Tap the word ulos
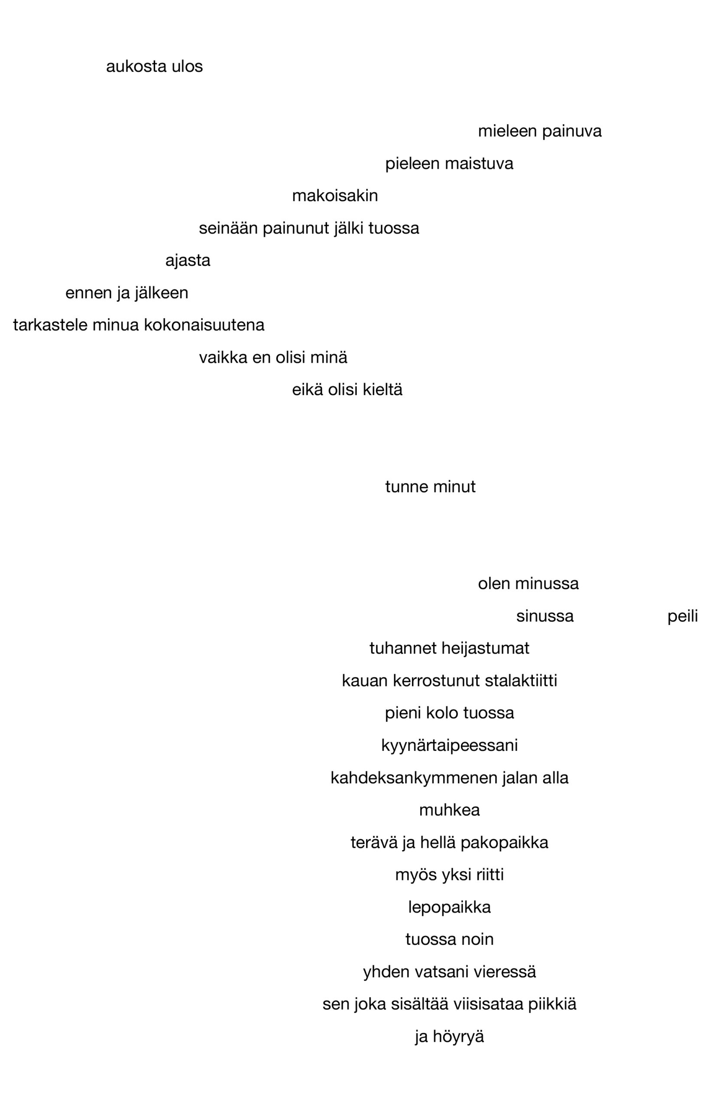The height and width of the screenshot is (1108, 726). click(187, 67)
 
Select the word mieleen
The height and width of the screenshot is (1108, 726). click(507, 131)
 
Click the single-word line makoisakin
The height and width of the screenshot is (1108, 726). click(335, 196)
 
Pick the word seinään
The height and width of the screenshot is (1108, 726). click(228, 229)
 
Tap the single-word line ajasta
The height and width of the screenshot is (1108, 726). click(188, 261)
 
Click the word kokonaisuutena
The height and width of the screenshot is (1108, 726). click(204, 325)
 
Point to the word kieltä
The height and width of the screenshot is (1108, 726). click(382, 390)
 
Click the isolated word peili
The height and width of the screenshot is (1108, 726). click(683, 617)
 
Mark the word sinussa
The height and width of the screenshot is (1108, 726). click(545, 617)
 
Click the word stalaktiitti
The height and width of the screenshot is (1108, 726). click(521, 682)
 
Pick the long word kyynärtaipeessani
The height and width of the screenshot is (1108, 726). click(450, 746)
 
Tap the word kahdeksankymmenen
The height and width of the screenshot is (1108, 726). click(414, 778)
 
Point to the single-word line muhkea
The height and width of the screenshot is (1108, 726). click(450, 811)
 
